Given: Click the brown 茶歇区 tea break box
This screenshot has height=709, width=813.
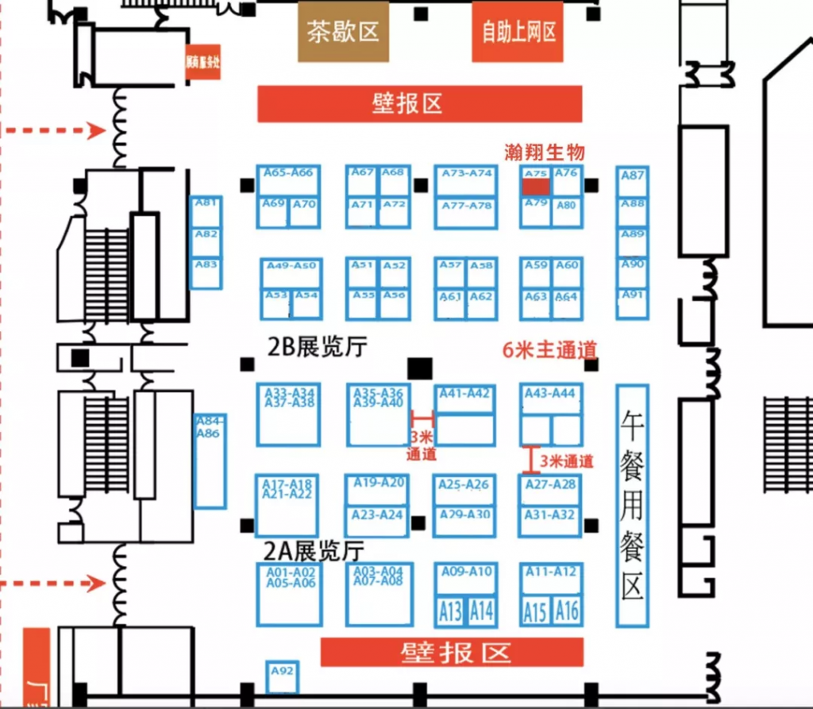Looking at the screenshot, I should tap(344, 32).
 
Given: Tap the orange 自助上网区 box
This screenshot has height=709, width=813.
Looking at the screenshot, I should tap(518, 32).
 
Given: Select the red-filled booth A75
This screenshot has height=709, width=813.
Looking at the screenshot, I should tap(535, 186).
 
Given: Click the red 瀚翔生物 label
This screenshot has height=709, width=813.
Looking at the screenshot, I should tap(545, 152).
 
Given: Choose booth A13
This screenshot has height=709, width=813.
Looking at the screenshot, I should tap(449, 611).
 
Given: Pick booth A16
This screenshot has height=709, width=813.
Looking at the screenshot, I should tap(567, 611).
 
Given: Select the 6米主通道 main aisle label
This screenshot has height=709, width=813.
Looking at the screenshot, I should tap(549, 350).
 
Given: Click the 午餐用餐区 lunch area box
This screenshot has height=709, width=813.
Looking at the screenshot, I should tap(632, 504).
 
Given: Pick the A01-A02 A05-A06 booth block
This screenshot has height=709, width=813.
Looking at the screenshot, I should tap(290, 594).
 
